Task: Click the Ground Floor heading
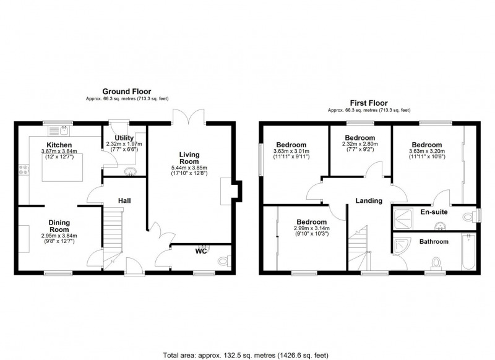point(126,92)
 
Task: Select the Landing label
point(369,200)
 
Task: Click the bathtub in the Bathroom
point(468,252)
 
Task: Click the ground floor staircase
point(112,229)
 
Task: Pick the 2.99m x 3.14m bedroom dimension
point(311,228)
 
